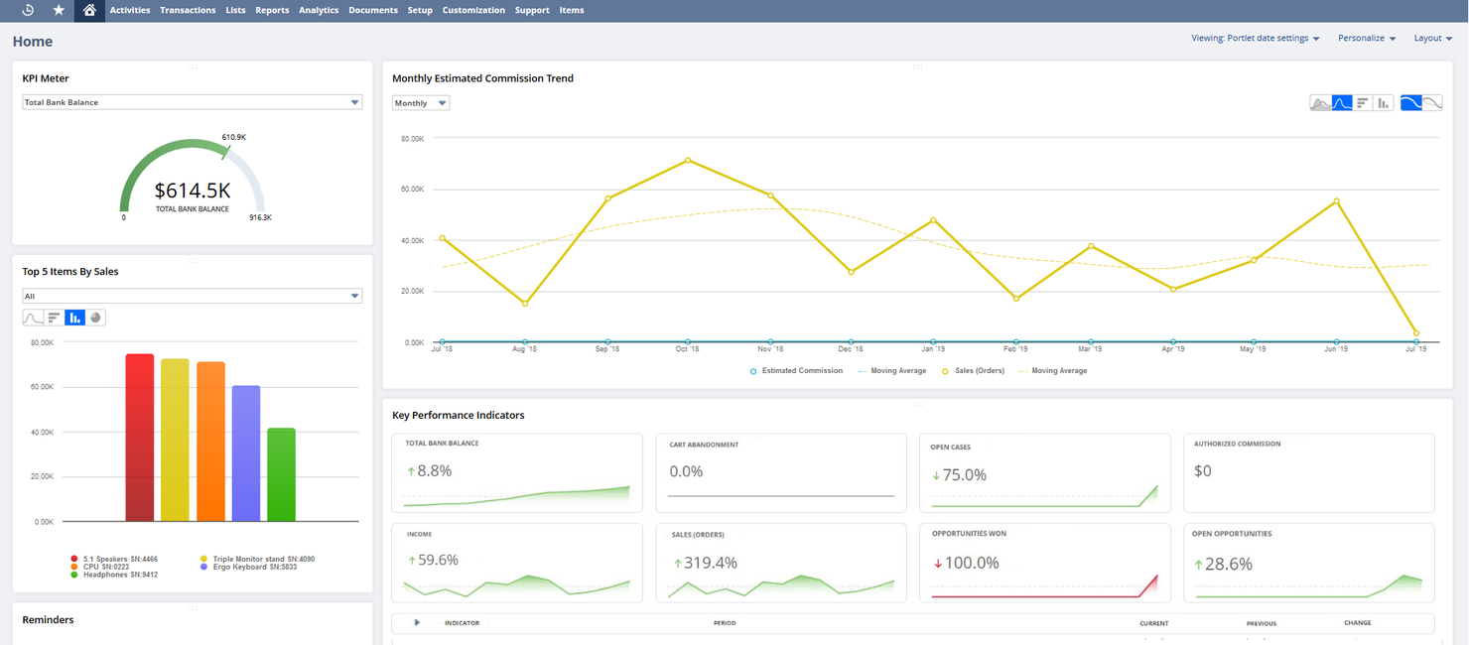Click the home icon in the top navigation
89,10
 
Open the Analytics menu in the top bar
319,10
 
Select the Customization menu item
473,10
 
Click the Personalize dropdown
1367,39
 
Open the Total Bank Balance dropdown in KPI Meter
192,102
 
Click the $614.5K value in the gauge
193,191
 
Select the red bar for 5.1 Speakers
140,437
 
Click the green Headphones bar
281,474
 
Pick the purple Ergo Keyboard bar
246,452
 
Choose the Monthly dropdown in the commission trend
420,103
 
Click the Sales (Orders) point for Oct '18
688,161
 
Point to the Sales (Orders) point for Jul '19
1415,333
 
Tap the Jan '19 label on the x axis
933,349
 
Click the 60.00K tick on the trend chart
412,190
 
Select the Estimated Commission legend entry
801,371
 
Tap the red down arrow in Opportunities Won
937,564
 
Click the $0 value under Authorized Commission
1202,471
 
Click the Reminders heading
48,620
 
